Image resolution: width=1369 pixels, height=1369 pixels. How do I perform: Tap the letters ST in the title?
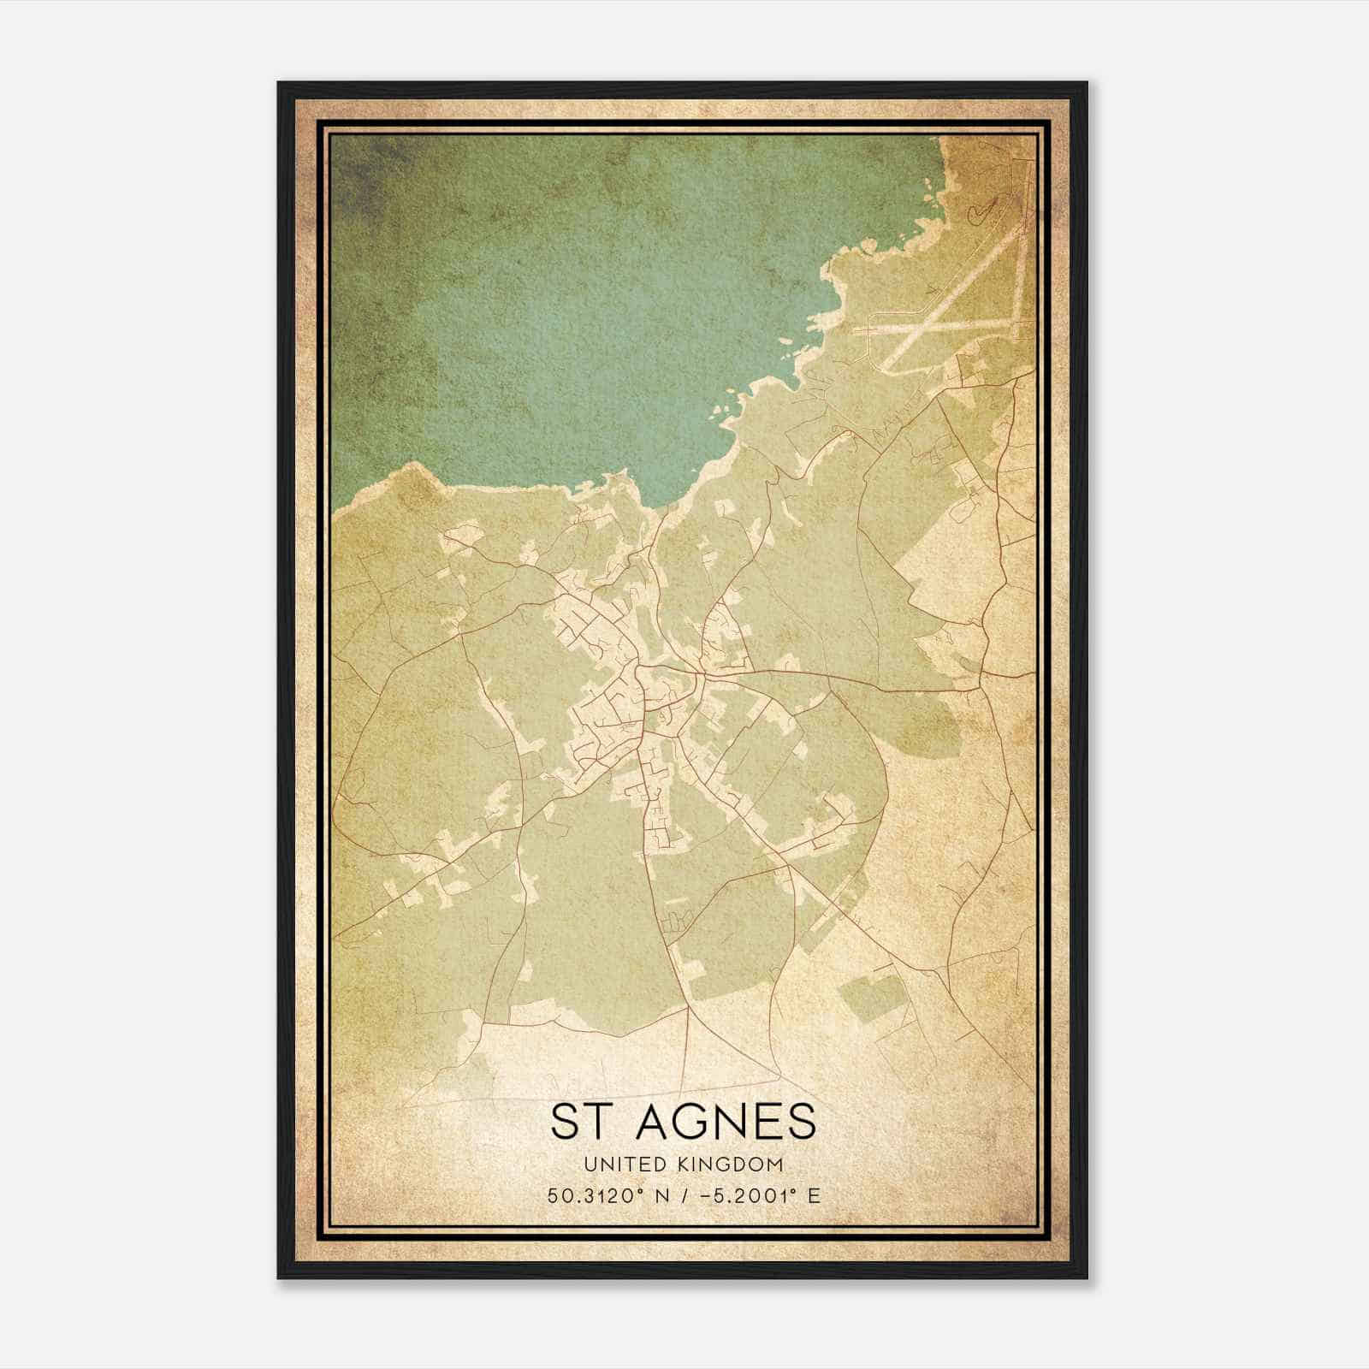coord(578,1122)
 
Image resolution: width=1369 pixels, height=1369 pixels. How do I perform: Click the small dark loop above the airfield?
coord(981,210)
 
